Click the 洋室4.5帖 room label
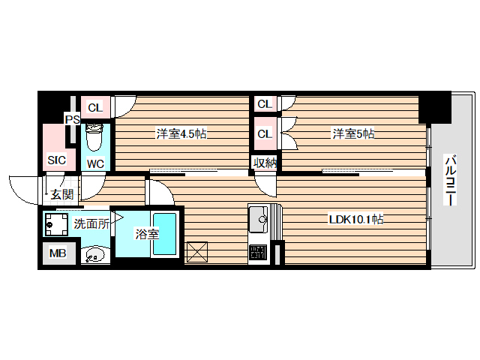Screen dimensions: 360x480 [x=181, y=134]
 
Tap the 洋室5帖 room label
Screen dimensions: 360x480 [x=354, y=134]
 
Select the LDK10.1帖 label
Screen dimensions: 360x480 [x=356, y=220]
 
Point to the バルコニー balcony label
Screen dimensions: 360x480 [x=451, y=180]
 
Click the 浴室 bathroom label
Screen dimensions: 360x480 [x=146, y=233]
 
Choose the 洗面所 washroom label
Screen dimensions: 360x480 [x=91, y=223]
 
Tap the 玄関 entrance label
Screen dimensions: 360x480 [x=61, y=195]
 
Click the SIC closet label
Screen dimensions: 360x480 [x=57, y=160]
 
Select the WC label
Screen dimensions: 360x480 [x=95, y=163]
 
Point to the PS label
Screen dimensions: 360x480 [x=72, y=119]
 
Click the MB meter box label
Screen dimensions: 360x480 [x=58, y=253]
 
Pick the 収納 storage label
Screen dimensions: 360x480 [x=263, y=163]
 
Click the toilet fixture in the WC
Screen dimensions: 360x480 [x=94, y=138]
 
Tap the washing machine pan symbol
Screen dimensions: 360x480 [x=56, y=224]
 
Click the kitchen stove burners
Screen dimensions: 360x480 [x=258, y=253]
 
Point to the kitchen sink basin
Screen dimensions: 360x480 [x=260, y=220]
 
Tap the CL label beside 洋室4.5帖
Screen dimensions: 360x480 [x=96, y=106]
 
